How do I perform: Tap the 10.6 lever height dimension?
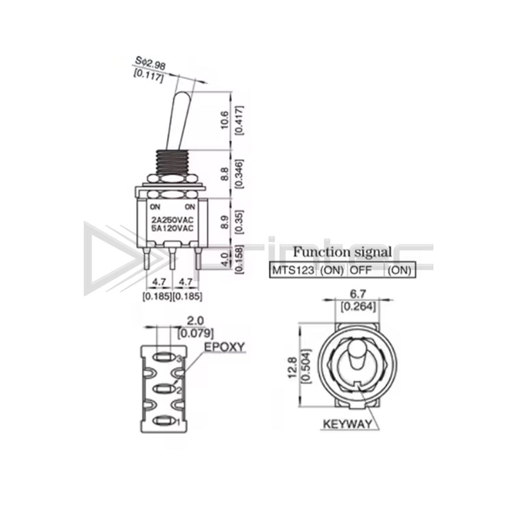coord(224,120)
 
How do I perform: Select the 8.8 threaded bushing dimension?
coord(224,174)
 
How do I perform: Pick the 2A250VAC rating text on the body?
coord(172,220)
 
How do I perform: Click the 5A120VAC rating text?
coord(172,228)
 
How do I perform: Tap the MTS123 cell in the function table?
coord(293,270)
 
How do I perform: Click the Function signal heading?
coord(342,252)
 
